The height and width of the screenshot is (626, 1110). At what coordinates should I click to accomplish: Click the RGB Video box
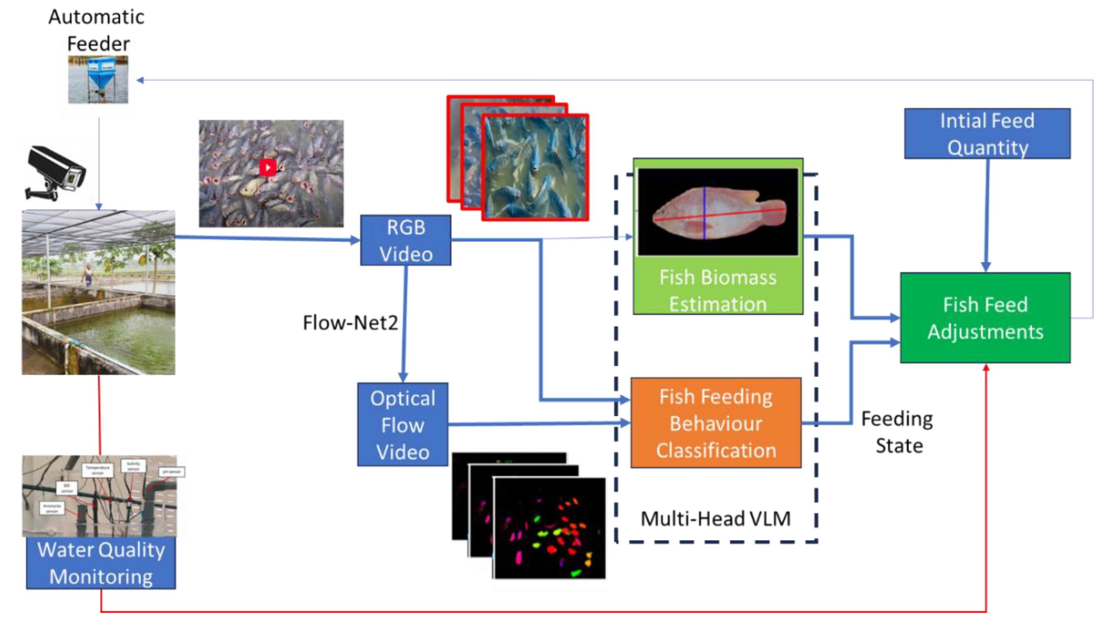[x=406, y=240]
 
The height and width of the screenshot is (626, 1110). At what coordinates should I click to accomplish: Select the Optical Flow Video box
[x=403, y=425]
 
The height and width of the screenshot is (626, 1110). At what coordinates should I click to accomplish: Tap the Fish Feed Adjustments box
[x=985, y=318]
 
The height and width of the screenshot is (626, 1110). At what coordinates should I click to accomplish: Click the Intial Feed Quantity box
[x=987, y=134]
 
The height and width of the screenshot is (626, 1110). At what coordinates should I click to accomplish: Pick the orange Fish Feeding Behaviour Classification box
[x=716, y=423]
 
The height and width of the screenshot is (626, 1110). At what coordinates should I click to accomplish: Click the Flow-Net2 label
[x=350, y=323]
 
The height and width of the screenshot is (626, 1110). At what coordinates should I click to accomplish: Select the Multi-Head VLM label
[x=715, y=519]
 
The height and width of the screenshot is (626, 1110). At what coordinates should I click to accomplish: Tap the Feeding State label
[x=898, y=432]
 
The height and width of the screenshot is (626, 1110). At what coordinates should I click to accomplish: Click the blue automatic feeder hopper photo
[x=98, y=80]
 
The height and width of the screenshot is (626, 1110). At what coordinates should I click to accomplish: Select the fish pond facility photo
[x=99, y=292]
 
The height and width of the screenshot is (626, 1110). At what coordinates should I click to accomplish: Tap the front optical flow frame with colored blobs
[x=549, y=528]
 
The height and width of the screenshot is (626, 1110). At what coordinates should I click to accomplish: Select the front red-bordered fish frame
[x=535, y=167]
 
